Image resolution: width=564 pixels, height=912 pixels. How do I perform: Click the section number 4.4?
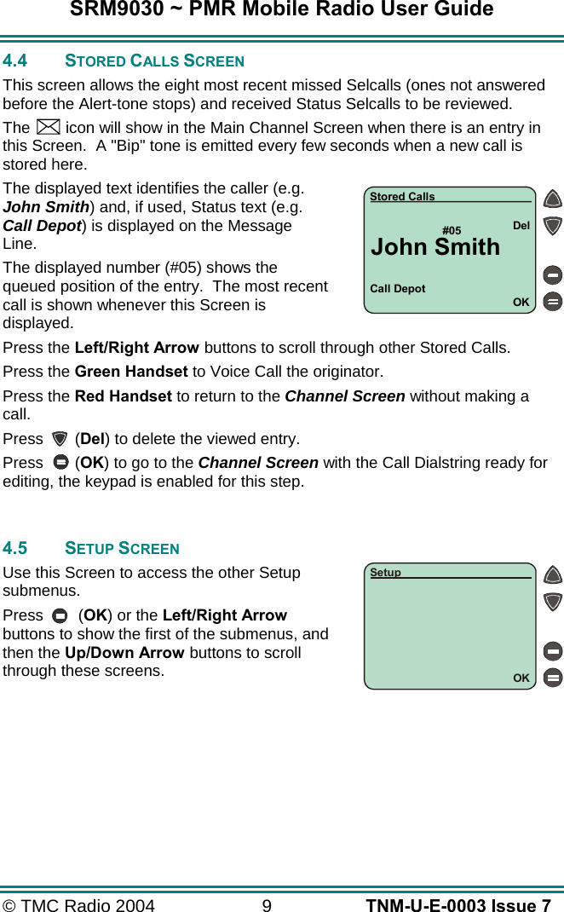(x=15, y=61)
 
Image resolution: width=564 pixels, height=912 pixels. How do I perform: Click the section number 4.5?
(x=15, y=548)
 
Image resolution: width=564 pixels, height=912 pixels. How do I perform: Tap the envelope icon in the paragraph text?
(x=49, y=128)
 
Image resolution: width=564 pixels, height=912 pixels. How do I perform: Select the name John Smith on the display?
(x=435, y=247)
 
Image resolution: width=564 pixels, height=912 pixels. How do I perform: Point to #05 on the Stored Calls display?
(x=452, y=231)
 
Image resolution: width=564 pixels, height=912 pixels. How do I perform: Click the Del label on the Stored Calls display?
(x=521, y=226)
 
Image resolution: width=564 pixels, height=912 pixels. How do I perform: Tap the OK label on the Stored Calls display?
(x=521, y=303)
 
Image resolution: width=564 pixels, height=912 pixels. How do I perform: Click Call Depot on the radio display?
(x=398, y=289)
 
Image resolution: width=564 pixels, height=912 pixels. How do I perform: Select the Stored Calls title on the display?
(x=402, y=197)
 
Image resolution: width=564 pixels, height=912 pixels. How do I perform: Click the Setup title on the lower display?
(x=385, y=573)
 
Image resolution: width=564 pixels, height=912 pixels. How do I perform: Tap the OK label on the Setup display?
(x=521, y=678)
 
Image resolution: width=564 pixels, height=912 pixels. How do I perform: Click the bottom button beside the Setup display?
(x=553, y=678)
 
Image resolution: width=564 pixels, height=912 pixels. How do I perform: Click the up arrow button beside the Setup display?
(x=553, y=575)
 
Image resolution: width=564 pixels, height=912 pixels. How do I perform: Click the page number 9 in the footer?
(x=267, y=905)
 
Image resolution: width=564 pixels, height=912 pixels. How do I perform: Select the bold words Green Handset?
(x=131, y=372)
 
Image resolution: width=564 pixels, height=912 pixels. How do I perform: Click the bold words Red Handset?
(x=124, y=396)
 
